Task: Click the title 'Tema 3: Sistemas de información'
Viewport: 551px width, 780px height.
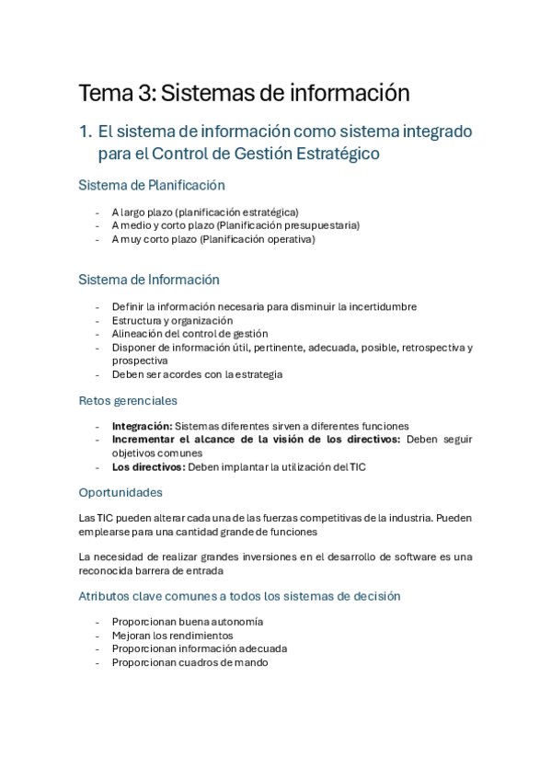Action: click(x=244, y=93)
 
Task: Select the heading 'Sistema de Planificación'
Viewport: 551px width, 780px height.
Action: click(x=152, y=185)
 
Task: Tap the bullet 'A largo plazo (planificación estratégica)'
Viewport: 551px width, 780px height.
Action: click(x=205, y=212)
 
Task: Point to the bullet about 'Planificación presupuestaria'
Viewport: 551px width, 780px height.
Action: click(x=235, y=225)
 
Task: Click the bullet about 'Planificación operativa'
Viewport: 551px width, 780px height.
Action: click(x=213, y=239)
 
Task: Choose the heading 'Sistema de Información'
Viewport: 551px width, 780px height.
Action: click(x=149, y=280)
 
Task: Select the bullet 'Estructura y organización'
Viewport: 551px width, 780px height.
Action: click(x=172, y=320)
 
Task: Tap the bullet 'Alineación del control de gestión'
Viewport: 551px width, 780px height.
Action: click(x=189, y=334)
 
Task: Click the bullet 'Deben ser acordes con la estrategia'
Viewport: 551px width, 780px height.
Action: click(x=197, y=374)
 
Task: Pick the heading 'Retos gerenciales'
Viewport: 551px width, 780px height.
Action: click(x=128, y=401)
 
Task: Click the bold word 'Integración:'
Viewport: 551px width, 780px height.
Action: click(x=142, y=426)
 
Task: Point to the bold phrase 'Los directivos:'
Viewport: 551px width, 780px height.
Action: click(x=148, y=466)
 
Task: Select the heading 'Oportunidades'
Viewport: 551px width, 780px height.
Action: click(x=121, y=492)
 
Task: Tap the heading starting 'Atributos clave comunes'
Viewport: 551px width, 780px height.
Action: click(x=239, y=596)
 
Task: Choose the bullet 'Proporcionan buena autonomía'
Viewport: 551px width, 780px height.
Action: click(x=187, y=622)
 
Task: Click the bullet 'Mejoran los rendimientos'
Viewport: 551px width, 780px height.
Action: click(x=172, y=635)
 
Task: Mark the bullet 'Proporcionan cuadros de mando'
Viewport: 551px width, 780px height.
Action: click(x=189, y=662)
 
